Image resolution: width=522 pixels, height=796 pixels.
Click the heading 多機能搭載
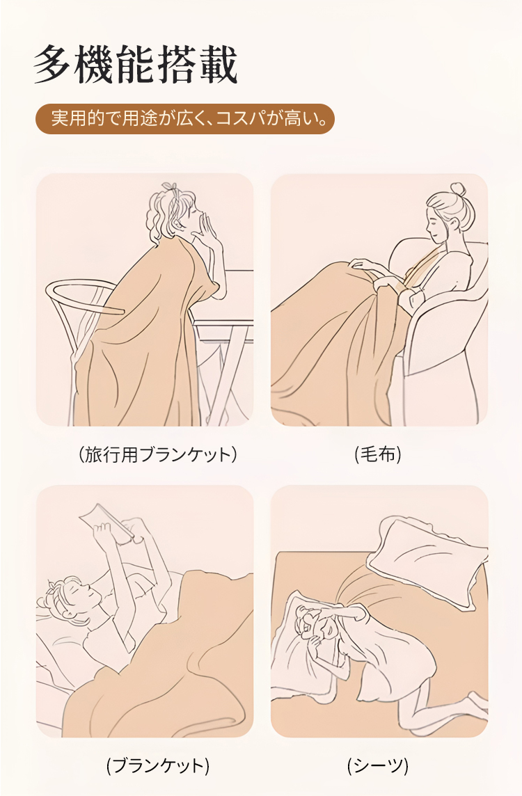tap(136, 64)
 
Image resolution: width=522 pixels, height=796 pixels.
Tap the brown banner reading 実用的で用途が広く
tap(185, 119)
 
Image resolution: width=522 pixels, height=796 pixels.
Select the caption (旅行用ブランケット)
tap(158, 454)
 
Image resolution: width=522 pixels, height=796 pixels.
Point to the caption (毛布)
tap(378, 454)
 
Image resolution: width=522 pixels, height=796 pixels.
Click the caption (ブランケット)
tap(158, 765)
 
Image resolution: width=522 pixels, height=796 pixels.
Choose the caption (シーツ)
tap(378, 765)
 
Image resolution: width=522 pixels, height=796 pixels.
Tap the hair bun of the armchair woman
tap(457, 189)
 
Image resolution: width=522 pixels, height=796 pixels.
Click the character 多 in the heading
tap(52, 65)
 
